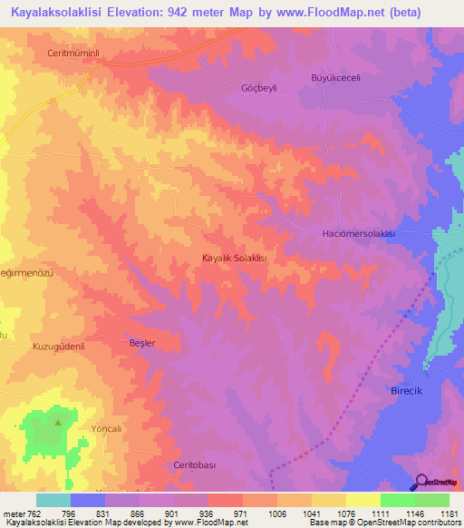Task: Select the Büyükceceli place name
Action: [x=336, y=77]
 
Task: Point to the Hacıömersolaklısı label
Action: [x=360, y=234]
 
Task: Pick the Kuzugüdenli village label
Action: [x=58, y=347]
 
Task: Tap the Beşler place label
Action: [x=143, y=343]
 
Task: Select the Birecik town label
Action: [x=400, y=387]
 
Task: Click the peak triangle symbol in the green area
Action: [x=58, y=422]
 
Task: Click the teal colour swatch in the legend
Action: [x=53, y=500]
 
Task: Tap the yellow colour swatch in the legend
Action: [x=362, y=500]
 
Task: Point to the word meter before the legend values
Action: [x=14, y=512]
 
